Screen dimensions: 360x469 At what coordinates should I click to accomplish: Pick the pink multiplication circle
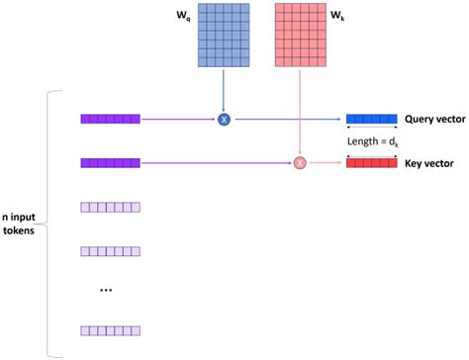(300, 161)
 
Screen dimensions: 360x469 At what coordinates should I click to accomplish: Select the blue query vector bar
(372, 120)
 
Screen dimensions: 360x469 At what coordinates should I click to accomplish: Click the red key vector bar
(372, 161)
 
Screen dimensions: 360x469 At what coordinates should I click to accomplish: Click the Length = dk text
(372, 140)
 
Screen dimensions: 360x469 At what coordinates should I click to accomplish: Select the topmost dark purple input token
(111, 120)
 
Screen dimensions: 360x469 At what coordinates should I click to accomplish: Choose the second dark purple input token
(111, 161)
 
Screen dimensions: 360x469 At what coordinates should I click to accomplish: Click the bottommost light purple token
(111, 330)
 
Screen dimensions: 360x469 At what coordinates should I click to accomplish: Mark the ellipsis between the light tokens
(106, 291)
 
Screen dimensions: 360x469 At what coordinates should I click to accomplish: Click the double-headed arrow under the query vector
(372, 130)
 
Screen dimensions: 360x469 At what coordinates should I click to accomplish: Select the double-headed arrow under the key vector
(372, 172)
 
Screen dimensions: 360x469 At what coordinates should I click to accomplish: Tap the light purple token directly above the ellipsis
(111, 249)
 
